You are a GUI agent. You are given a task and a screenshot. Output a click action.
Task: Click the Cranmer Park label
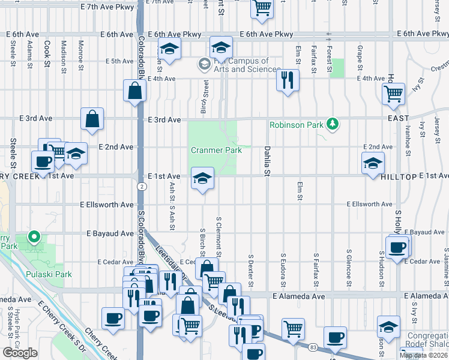(x=216, y=150)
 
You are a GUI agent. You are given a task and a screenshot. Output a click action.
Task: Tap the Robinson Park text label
(x=295, y=125)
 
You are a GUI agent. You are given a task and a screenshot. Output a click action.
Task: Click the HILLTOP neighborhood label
(x=399, y=177)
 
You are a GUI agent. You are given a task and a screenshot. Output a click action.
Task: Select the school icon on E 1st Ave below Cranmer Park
(x=202, y=178)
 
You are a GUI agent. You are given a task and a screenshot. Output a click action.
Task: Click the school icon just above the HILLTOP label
(x=373, y=163)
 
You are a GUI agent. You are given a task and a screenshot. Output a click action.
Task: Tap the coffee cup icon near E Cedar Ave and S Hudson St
(x=396, y=247)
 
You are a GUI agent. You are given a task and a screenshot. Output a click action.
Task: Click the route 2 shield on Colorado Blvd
(x=140, y=187)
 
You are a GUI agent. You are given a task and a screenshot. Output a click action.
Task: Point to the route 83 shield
(x=313, y=347)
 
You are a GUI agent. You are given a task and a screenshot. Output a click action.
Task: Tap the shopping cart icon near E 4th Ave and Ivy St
(x=393, y=92)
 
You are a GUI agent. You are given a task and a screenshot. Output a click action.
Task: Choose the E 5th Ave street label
(x=119, y=61)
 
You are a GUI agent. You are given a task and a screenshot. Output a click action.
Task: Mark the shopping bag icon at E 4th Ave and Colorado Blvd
(x=135, y=91)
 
